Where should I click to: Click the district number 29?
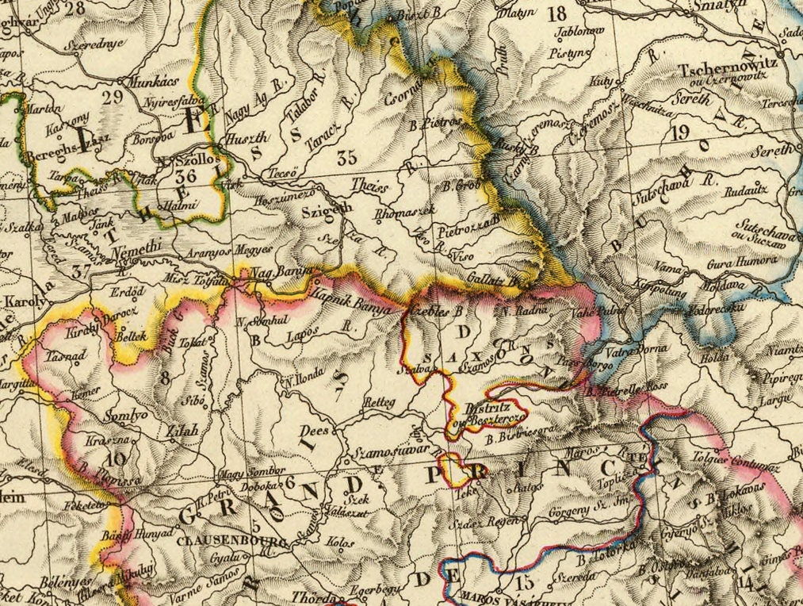pos(113,97)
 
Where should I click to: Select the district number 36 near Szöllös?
pos(187,177)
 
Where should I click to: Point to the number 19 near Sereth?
pos(679,132)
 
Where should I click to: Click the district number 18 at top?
pos(557,13)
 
